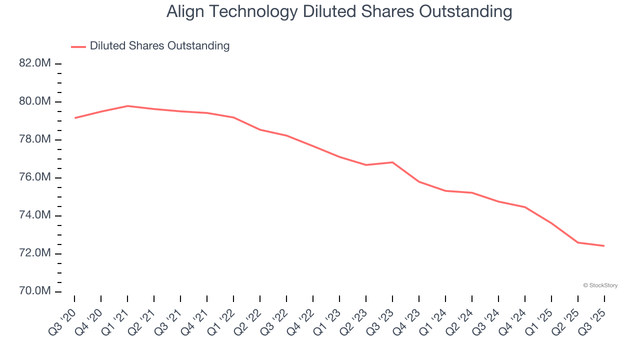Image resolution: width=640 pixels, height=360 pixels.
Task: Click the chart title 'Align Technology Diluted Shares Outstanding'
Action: [339, 12]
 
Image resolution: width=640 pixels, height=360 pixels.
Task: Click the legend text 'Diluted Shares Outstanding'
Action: [159, 46]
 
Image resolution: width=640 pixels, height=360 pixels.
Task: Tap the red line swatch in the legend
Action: [78, 46]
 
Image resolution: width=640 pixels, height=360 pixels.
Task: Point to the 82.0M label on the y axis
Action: [35, 63]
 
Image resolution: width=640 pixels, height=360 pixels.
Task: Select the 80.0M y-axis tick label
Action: [35, 101]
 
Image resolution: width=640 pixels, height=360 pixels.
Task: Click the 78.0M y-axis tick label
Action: [35, 139]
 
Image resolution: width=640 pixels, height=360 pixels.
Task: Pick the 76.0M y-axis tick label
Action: [35, 177]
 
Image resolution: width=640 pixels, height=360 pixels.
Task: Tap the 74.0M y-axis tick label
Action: [35, 215]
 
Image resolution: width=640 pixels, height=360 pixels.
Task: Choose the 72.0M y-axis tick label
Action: [35, 253]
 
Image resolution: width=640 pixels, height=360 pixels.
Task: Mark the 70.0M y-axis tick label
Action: [35, 291]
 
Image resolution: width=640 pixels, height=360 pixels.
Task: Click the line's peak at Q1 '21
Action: [127, 106]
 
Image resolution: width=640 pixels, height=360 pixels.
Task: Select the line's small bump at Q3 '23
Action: [392, 162]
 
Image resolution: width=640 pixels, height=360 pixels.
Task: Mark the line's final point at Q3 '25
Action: [604, 245]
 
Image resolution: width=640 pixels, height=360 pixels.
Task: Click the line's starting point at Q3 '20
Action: [74, 118]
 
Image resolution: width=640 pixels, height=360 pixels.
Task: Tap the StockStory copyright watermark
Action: [600, 285]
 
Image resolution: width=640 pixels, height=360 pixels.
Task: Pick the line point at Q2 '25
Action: [577, 242]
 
